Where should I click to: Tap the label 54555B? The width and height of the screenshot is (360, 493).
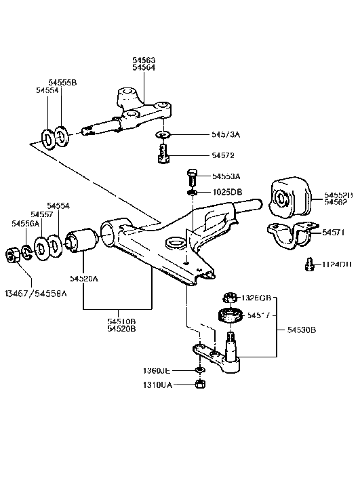[x=62, y=82]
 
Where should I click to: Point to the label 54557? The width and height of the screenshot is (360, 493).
[x=42, y=214]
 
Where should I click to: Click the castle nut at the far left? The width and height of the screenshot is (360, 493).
[x=12, y=255]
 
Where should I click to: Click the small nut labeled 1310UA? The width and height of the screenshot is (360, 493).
[x=200, y=384]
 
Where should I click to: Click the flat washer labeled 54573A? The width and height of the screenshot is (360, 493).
[x=163, y=135]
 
